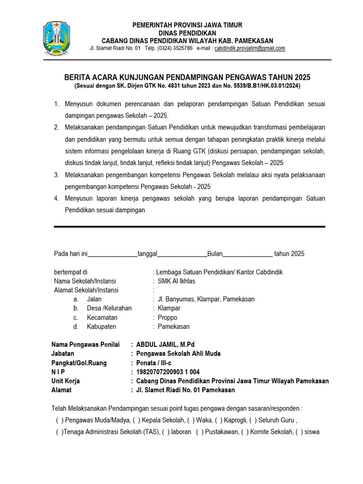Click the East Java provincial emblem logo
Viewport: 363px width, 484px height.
55,39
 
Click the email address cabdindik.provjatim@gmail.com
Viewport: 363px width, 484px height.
250,48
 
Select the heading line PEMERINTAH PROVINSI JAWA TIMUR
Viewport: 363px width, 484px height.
187,25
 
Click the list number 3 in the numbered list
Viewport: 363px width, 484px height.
56,175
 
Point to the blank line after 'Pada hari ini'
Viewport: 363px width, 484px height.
113,254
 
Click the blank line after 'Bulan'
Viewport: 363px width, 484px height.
247,254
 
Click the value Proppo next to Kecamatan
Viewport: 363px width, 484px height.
167,318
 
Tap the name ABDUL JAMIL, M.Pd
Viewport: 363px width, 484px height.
165,345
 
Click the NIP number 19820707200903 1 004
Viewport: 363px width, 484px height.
168,372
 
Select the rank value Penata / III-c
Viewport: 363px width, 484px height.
154,363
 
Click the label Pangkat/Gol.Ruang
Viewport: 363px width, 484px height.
79,363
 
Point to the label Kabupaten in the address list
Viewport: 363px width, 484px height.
101,327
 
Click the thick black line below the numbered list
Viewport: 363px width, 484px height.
189,227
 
